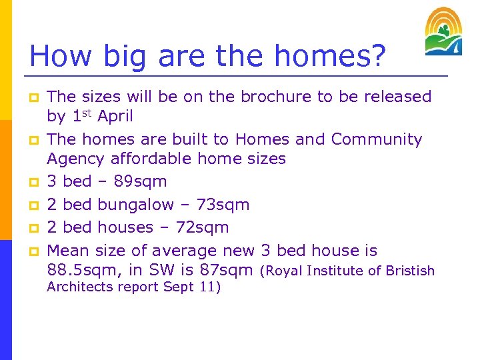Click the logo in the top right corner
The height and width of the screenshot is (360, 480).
443,31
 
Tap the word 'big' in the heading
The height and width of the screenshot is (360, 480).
113,56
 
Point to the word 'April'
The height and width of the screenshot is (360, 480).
115,117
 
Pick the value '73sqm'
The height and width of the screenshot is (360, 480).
223,205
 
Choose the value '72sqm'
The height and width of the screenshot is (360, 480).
203,227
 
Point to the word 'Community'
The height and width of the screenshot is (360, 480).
377,139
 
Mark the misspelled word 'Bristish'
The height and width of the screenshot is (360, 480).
409,271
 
